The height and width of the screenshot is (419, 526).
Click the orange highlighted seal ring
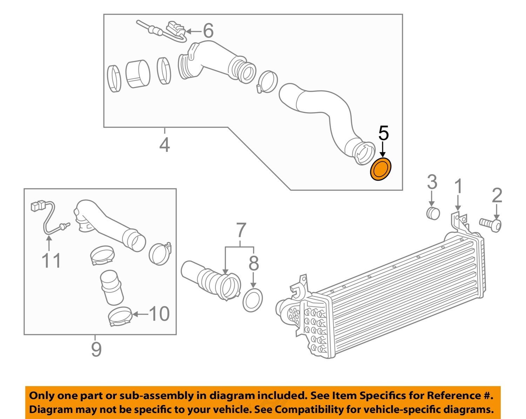381,170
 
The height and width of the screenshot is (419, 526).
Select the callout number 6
208,31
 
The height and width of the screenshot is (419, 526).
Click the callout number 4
164,145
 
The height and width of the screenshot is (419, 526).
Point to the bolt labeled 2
491,224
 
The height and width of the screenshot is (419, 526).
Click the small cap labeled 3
433,213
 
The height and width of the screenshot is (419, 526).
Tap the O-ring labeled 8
252,300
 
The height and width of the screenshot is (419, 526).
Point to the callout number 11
51,261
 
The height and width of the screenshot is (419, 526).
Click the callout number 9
96,349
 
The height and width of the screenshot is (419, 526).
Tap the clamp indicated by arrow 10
120,316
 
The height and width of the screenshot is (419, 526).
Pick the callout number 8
254,263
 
